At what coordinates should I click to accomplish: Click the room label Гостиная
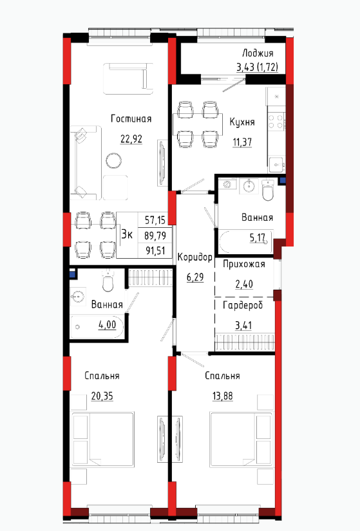[x=131, y=119]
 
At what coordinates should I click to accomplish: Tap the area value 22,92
[x=131, y=139]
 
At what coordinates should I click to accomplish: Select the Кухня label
[x=242, y=122]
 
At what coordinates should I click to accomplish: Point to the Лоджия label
[x=258, y=53]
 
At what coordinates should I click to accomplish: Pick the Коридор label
[x=195, y=257]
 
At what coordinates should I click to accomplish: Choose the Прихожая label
[x=243, y=264]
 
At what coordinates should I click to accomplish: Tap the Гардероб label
[x=243, y=306]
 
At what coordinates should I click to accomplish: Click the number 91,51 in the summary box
[x=155, y=250]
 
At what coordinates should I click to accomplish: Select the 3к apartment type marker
[x=127, y=234]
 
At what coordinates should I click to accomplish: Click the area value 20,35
[x=102, y=396]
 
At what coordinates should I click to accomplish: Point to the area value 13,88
[x=223, y=396]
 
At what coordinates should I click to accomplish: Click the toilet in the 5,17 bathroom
[x=268, y=191]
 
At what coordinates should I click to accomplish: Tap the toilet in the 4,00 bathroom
[x=108, y=281]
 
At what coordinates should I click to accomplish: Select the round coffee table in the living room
[x=113, y=160]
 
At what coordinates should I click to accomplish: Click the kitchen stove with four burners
[x=276, y=122]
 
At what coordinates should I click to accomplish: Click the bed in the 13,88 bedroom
[x=242, y=439]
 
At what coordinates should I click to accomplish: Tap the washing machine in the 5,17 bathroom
[x=227, y=184]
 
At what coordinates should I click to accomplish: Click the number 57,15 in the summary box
[x=155, y=221]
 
